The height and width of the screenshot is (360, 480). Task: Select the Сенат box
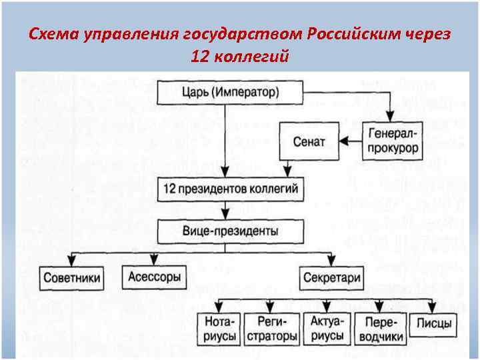(309, 141)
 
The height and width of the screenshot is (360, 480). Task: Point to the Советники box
(72, 277)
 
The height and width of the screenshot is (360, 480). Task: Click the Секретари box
(331, 277)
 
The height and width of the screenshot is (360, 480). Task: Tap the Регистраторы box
(271, 329)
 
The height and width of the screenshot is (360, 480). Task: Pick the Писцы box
(434, 325)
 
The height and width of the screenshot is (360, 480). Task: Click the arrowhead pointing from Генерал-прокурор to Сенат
(344, 141)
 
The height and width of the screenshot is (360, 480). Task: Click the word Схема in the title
(54, 35)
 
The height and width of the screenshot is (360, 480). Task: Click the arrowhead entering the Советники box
(72, 261)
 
